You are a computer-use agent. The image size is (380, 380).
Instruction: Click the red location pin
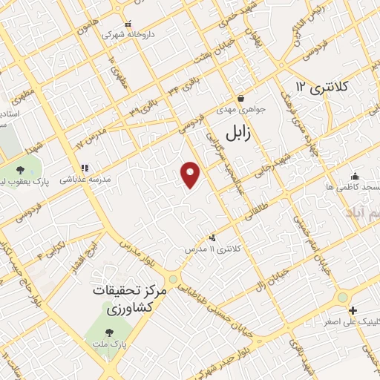191,175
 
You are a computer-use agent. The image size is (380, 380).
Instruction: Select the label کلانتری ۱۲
321,87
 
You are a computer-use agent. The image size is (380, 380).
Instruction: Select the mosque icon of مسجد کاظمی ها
355,176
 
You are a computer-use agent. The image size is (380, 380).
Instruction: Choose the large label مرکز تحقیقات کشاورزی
132,299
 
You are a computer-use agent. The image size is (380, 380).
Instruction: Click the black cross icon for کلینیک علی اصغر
353,310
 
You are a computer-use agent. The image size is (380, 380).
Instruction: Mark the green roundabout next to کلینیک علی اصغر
342,297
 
